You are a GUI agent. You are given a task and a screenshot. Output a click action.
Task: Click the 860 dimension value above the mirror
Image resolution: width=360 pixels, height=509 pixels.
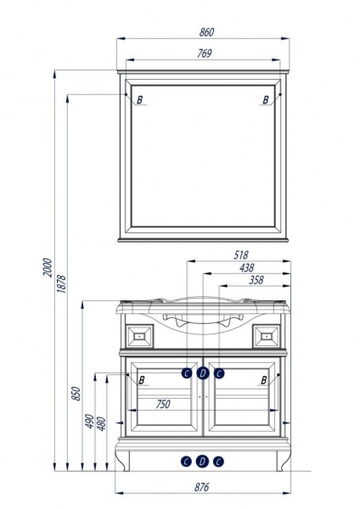click(206, 32)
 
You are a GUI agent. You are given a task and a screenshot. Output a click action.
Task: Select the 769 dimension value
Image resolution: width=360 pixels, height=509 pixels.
click(205, 53)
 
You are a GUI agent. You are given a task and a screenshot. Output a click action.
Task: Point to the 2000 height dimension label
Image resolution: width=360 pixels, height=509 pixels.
click(48, 267)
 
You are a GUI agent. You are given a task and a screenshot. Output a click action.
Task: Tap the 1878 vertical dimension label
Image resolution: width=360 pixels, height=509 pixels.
click(61, 284)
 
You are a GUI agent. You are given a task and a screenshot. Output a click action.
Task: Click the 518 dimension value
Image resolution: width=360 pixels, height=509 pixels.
click(241, 255)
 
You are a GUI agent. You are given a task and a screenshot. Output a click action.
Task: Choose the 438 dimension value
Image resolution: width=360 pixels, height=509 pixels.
click(246, 268)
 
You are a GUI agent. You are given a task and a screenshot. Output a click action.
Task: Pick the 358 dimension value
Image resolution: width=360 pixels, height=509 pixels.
click(256, 280)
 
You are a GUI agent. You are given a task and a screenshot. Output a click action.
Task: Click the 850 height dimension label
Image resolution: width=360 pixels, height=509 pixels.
click(76, 394)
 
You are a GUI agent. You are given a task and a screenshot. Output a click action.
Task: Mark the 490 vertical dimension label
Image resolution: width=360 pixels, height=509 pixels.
click(89, 421)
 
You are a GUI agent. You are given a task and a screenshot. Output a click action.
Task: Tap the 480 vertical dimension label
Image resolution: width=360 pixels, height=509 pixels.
click(101, 423)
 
